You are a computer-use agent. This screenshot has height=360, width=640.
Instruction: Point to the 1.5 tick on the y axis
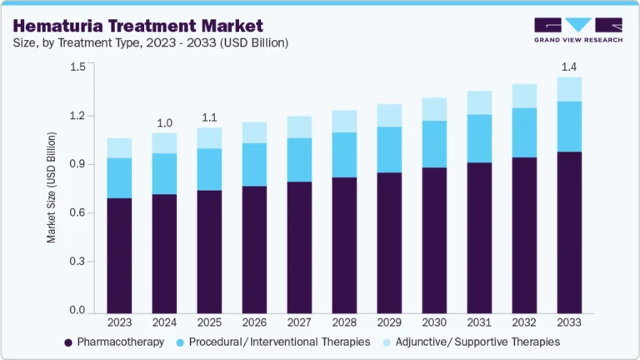pos(77,67)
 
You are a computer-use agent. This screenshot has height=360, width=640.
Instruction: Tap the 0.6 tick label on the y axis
pos(77,213)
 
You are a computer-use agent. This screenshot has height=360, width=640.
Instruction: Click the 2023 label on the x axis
pos(119,322)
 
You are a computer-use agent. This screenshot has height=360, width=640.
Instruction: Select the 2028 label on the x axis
pos(344,322)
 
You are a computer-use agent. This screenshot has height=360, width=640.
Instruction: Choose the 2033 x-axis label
pos(569,322)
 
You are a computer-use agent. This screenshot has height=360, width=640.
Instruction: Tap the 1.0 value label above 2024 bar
pos(164,123)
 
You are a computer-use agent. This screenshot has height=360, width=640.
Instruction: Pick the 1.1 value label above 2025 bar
pos(209,117)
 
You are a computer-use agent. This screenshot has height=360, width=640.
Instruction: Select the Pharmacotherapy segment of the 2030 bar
pos(434,241)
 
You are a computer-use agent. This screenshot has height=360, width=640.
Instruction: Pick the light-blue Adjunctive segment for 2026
pos(254,132)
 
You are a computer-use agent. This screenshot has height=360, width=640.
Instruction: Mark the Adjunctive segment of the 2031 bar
pos(479,102)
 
